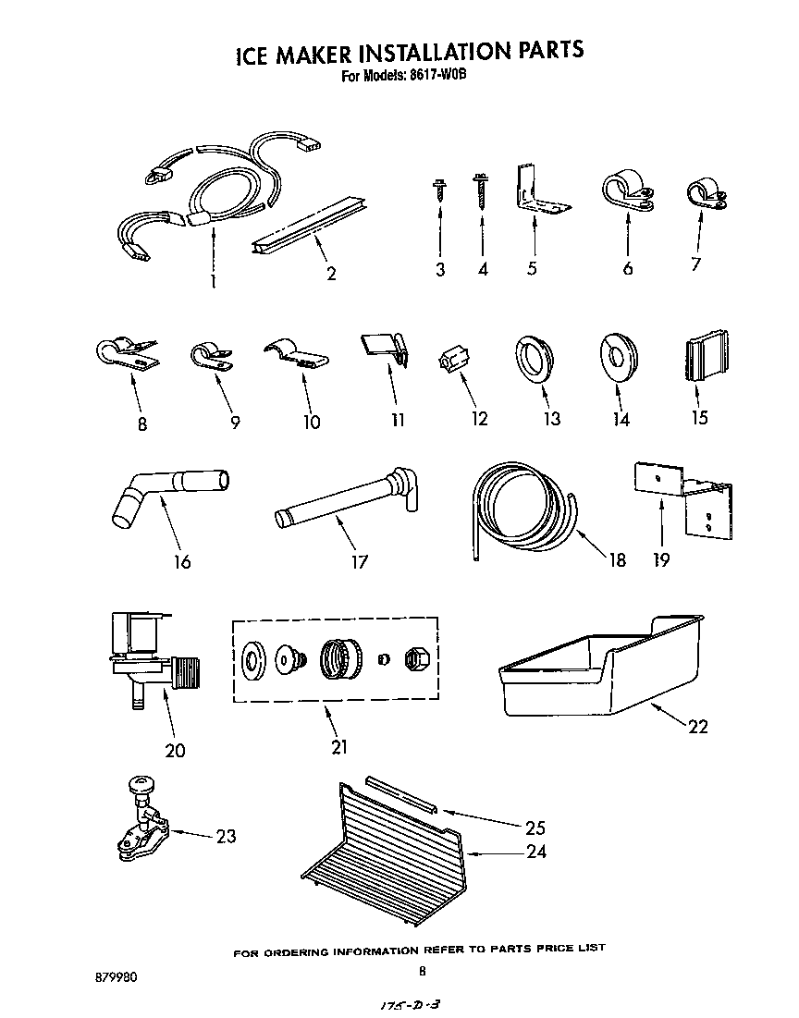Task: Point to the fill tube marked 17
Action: coord(347,499)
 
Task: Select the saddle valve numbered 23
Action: coord(141,814)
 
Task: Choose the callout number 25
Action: coord(535,828)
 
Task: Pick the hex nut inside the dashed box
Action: coord(415,657)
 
